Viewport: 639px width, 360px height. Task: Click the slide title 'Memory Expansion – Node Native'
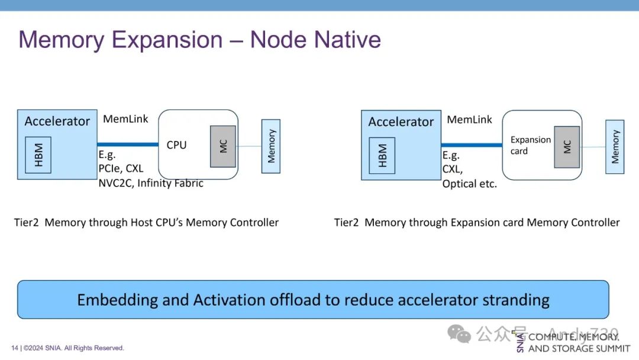point(199,40)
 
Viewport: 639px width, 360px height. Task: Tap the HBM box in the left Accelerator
point(38,155)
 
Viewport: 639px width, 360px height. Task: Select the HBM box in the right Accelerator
point(382,156)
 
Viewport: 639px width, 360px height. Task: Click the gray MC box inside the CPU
point(223,146)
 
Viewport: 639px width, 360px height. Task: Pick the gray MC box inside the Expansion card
point(567,147)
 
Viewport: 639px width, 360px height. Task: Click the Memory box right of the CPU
point(271,146)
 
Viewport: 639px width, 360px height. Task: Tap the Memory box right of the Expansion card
point(615,147)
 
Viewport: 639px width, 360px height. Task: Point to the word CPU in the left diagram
point(176,145)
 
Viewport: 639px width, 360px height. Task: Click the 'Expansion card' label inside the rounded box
point(530,146)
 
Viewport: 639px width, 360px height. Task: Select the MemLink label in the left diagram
point(125,119)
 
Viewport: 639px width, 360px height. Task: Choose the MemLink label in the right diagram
point(469,120)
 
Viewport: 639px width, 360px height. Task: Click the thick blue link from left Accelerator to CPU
point(128,144)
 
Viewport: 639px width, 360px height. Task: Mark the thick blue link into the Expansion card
point(472,144)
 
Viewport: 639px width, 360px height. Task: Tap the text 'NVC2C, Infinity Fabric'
point(151,183)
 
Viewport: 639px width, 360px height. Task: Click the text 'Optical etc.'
point(470,184)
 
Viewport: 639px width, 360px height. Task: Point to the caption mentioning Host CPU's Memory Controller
point(146,223)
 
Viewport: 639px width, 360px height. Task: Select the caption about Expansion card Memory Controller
point(477,223)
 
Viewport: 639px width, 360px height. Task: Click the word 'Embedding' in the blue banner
point(117,300)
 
